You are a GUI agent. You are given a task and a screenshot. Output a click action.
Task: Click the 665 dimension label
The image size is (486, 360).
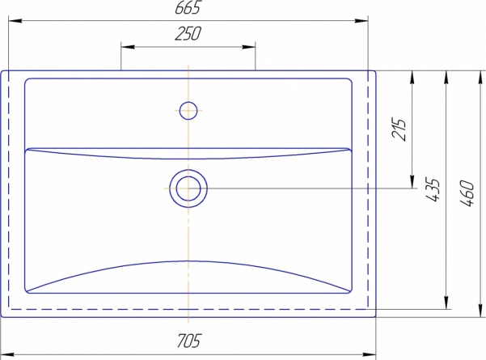point(188,7)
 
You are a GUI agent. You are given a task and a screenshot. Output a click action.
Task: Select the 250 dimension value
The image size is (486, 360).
point(188,33)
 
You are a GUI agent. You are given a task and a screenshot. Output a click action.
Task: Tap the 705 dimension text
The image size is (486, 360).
point(188,341)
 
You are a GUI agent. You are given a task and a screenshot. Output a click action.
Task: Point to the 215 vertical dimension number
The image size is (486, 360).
point(399,129)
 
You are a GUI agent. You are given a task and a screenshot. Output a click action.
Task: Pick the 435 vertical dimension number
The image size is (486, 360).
point(433,190)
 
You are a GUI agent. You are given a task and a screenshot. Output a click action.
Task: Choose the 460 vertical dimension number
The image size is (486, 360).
point(467,193)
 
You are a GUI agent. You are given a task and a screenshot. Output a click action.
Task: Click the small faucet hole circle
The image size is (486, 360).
point(188,111)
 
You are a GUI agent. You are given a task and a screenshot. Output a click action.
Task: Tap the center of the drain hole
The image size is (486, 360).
point(188,188)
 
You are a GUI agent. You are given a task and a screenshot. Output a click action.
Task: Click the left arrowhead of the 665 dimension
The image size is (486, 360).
point(15,21)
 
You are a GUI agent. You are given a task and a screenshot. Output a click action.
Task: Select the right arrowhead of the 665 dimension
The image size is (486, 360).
point(361,21)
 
